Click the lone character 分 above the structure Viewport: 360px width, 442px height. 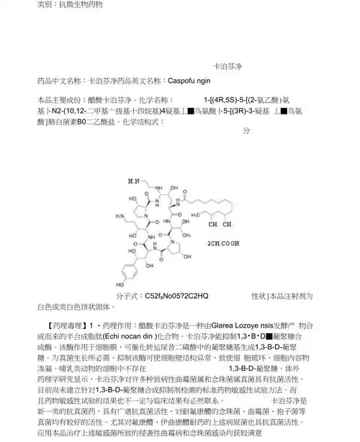(246, 130)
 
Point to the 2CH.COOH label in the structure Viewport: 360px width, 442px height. (225, 244)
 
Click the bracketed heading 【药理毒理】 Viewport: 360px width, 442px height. (61, 326)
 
